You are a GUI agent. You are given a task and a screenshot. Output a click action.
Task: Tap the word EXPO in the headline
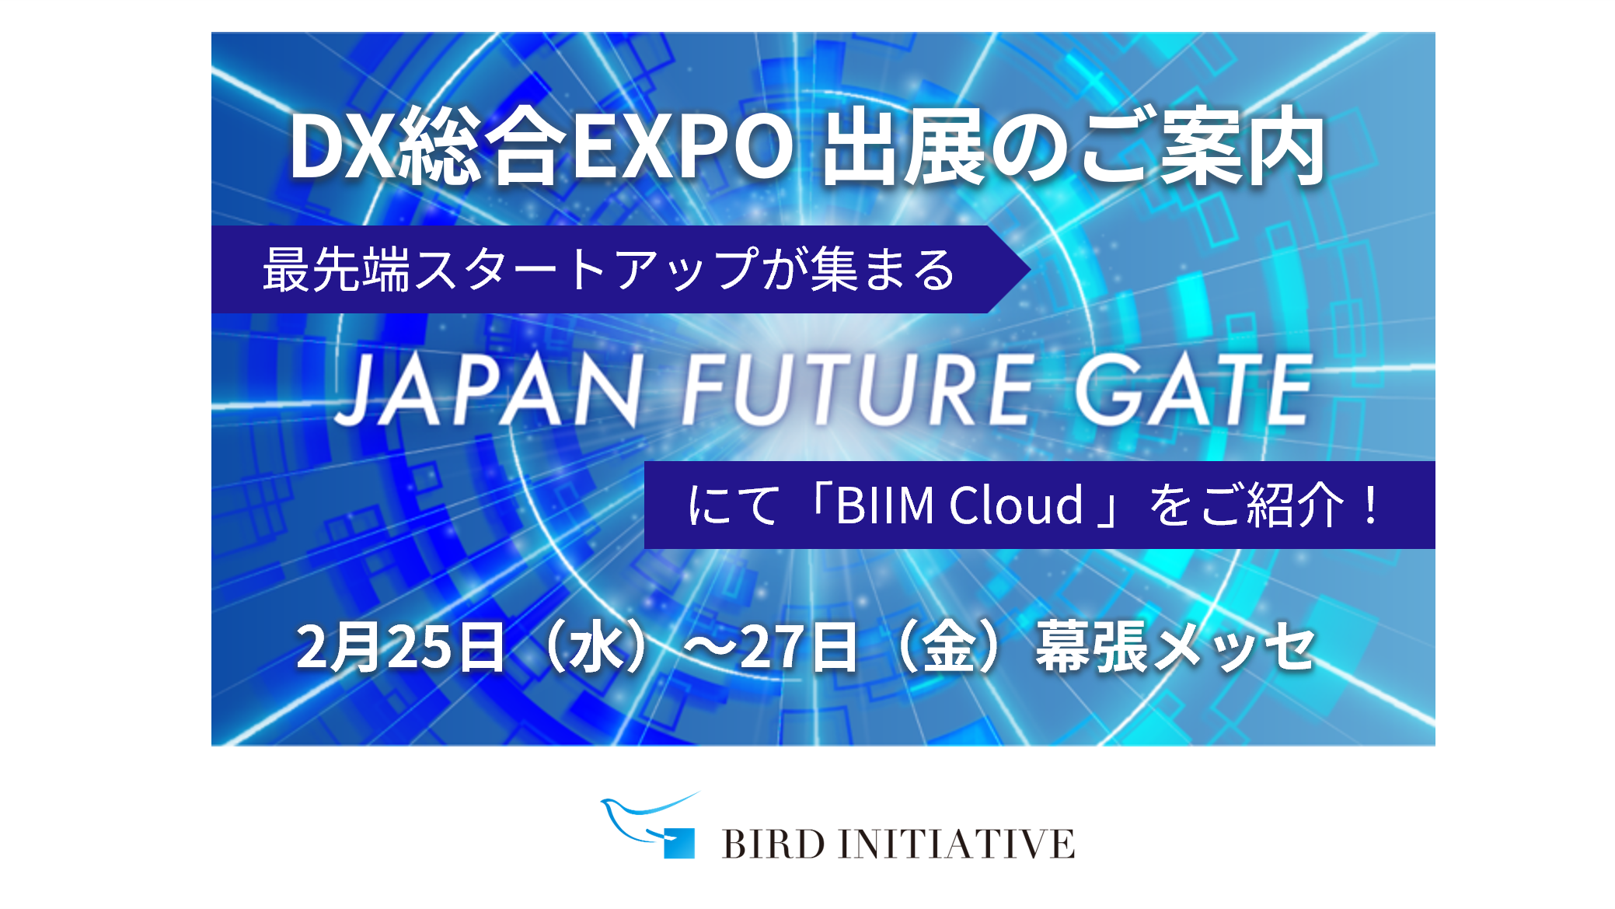point(683,147)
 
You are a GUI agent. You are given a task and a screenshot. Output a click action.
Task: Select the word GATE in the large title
point(1194,390)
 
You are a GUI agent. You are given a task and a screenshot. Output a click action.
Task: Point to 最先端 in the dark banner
point(337,270)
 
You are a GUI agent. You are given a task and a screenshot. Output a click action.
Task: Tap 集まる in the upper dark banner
point(884,270)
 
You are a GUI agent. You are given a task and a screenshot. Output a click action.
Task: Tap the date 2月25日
point(401,646)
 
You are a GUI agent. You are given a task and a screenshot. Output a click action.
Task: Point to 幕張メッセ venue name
point(1174,646)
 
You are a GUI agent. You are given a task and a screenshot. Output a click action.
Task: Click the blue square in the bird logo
point(679,844)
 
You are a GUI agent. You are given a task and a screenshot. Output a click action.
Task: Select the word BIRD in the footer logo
point(773,844)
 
